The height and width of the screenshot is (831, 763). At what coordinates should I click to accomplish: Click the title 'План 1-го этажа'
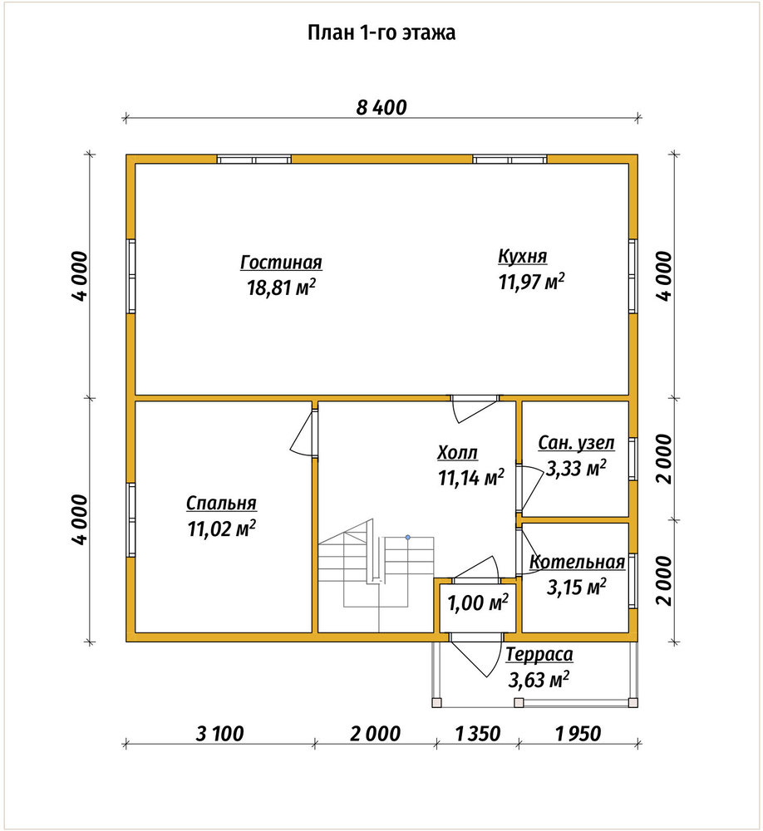pyautogui.click(x=381, y=33)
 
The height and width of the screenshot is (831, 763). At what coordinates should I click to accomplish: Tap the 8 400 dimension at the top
pyautogui.click(x=381, y=107)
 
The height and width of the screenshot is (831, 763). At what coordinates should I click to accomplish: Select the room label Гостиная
pyautogui.click(x=281, y=263)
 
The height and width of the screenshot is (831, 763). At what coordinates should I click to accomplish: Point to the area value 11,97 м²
pyautogui.click(x=531, y=282)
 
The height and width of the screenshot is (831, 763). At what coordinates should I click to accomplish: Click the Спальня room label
pyautogui.click(x=221, y=503)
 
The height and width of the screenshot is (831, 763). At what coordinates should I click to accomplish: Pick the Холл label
pyautogui.click(x=458, y=453)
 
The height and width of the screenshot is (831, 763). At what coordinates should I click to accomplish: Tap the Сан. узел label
pyautogui.click(x=576, y=443)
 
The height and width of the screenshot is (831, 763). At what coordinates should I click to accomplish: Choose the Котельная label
pyautogui.click(x=578, y=562)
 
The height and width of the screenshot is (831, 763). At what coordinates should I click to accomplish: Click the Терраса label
pyautogui.click(x=539, y=655)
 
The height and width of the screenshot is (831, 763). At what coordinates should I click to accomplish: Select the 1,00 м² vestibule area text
pyautogui.click(x=478, y=602)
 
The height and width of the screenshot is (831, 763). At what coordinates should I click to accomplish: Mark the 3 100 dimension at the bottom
pyautogui.click(x=219, y=734)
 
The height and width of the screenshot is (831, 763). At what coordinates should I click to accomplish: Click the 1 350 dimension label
pyautogui.click(x=477, y=734)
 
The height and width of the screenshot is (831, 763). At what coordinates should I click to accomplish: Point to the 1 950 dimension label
pyautogui.click(x=578, y=734)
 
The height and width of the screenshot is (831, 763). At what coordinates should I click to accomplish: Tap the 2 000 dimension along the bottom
pyautogui.click(x=375, y=734)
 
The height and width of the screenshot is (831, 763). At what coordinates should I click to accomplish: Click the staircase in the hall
pyautogui.click(x=377, y=575)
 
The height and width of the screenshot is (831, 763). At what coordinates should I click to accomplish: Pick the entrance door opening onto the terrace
pyautogui.click(x=475, y=656)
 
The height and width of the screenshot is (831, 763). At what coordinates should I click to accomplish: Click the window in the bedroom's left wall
pyautogui.click(x=130, y=519)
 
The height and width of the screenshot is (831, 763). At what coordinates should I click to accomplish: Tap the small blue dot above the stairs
pyautogui.click(x=408, y=538)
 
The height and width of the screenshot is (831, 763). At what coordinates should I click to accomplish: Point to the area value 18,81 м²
pyautogui.click(x=281, y=288)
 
